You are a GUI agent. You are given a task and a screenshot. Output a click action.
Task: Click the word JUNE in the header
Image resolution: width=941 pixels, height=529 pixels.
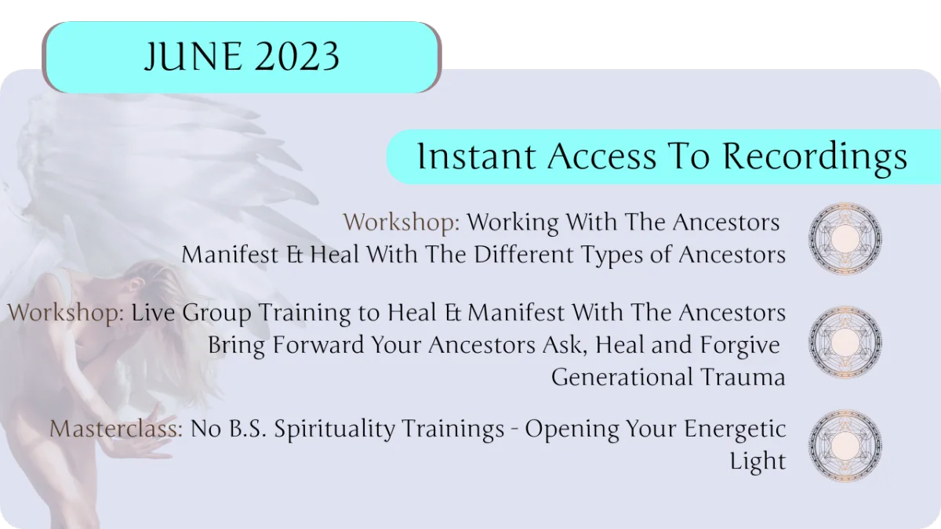(193, 57)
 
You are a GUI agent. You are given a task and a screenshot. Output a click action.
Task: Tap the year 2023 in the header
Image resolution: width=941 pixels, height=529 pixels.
(297, 56)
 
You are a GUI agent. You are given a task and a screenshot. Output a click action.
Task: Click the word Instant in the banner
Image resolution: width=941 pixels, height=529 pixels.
(477, 156)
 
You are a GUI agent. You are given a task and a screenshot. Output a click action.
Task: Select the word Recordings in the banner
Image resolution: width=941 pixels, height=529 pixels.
(815, 158)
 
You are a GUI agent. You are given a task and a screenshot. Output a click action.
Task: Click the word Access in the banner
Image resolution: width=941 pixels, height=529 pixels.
(601, 156)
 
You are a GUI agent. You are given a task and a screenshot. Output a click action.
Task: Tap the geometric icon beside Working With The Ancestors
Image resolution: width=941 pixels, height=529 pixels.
(845, 238)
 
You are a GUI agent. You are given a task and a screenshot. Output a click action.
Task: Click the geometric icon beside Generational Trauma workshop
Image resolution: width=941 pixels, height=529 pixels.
(845, 342)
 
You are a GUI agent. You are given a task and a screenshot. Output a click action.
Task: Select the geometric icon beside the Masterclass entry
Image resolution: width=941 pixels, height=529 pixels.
(845, 445)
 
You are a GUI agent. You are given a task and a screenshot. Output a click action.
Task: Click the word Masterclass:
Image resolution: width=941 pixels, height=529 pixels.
(116, 429)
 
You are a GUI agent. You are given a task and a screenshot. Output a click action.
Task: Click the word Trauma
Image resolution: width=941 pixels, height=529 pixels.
(743, 377)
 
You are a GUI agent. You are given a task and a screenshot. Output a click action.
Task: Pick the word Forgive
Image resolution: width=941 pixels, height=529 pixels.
(739, 345)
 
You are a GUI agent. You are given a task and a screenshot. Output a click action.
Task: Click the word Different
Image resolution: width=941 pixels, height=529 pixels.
(524, 255)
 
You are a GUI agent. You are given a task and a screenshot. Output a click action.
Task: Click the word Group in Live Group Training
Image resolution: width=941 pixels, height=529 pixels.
(216, 313)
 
